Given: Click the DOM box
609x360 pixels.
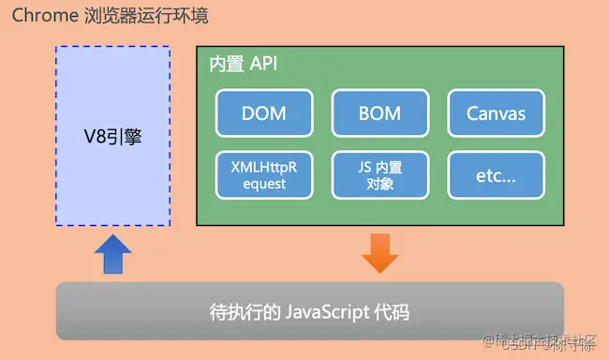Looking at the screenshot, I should (263, 113).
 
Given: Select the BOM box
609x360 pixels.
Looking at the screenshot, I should (379, 113).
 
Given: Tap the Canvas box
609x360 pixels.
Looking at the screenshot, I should (496, 113).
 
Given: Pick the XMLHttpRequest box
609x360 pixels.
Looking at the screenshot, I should (263, 174).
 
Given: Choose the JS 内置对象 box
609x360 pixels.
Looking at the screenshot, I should (379, 174).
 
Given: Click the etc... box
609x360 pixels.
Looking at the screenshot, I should (496, 174).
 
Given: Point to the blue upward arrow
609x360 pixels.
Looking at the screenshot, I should (113, 254).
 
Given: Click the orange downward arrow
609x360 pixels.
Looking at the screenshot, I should (379, 254).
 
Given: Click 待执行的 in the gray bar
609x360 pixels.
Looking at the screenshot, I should (240, 311).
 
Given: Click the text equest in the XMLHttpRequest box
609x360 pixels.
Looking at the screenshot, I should (263, 184).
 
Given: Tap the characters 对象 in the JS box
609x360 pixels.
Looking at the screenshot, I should (379, 184).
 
